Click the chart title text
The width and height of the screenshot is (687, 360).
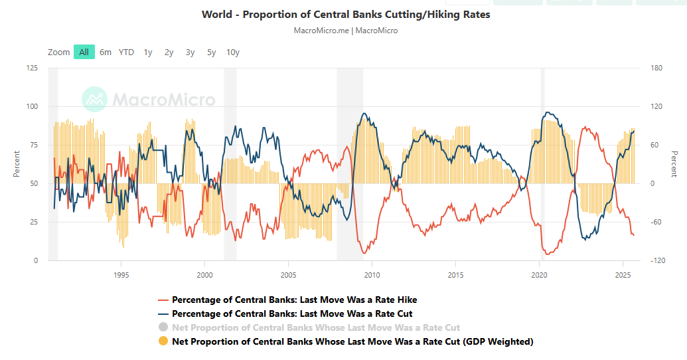(x=346, y=14)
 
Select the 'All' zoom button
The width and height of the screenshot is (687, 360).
(x=84, y=52)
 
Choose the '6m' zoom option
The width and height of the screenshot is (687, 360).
(x=106, y=52)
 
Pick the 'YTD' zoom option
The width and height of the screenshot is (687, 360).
(x=126, y=52)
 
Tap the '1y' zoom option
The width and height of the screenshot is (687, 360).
(x=148, y=52)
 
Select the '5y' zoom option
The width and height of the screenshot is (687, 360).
(x=211, y=52)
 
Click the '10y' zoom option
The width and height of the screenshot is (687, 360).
(x=233, y=52)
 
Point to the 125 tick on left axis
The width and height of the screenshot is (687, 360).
(x=31, y=68)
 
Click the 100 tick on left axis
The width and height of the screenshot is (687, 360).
(x=31, y=106)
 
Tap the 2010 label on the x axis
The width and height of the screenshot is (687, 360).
(x=372, y=274)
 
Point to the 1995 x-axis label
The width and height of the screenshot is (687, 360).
(x=121, y=274)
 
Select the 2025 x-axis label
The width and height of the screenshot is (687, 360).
(x=623, y=274)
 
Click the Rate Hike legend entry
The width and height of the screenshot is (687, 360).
(x=294, y=300)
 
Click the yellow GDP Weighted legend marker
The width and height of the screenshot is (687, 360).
(x=163, y=341)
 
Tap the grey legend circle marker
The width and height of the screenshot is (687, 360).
(x=163, y=327)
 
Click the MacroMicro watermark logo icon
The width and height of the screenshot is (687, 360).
(x=94, y=100)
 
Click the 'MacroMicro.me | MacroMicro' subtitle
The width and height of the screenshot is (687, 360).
(x=346, y=31)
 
